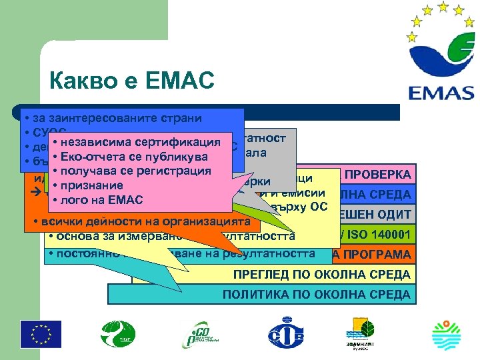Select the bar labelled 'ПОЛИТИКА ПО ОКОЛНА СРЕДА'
click(316, 294)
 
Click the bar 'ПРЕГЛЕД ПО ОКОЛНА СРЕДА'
click(321, 274)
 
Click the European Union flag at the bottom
click(41, 333)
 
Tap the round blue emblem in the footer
click(285, 333)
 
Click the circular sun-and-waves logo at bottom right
click(446, 333)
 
